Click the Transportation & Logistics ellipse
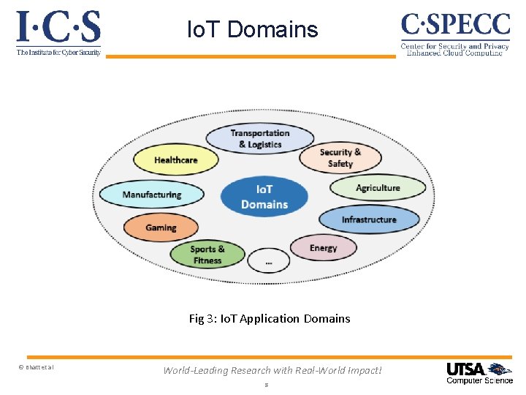click(x=259, y=138)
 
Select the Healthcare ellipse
click(x=176, y=159)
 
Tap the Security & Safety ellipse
click(x=340, y=157)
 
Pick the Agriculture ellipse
click(x=378, y=188)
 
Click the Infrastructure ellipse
click(x=369, y=219)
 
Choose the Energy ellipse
click(x=323, y=248)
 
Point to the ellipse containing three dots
click(x=268, y=260)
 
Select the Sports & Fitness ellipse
click(x=207, y=254)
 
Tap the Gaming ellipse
click(x=161, y=227)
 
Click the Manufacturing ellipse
click(x=151, y=195)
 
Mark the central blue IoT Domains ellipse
click(x=264, y=196)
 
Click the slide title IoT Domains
click(x=253, y=29)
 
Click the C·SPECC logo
click(x=454, y=34)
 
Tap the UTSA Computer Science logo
click(x=479, y=373)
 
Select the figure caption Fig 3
click(x=270, y=318)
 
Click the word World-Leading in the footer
click(x=197, y=370)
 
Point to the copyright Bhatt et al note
click(x=36, y=367)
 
